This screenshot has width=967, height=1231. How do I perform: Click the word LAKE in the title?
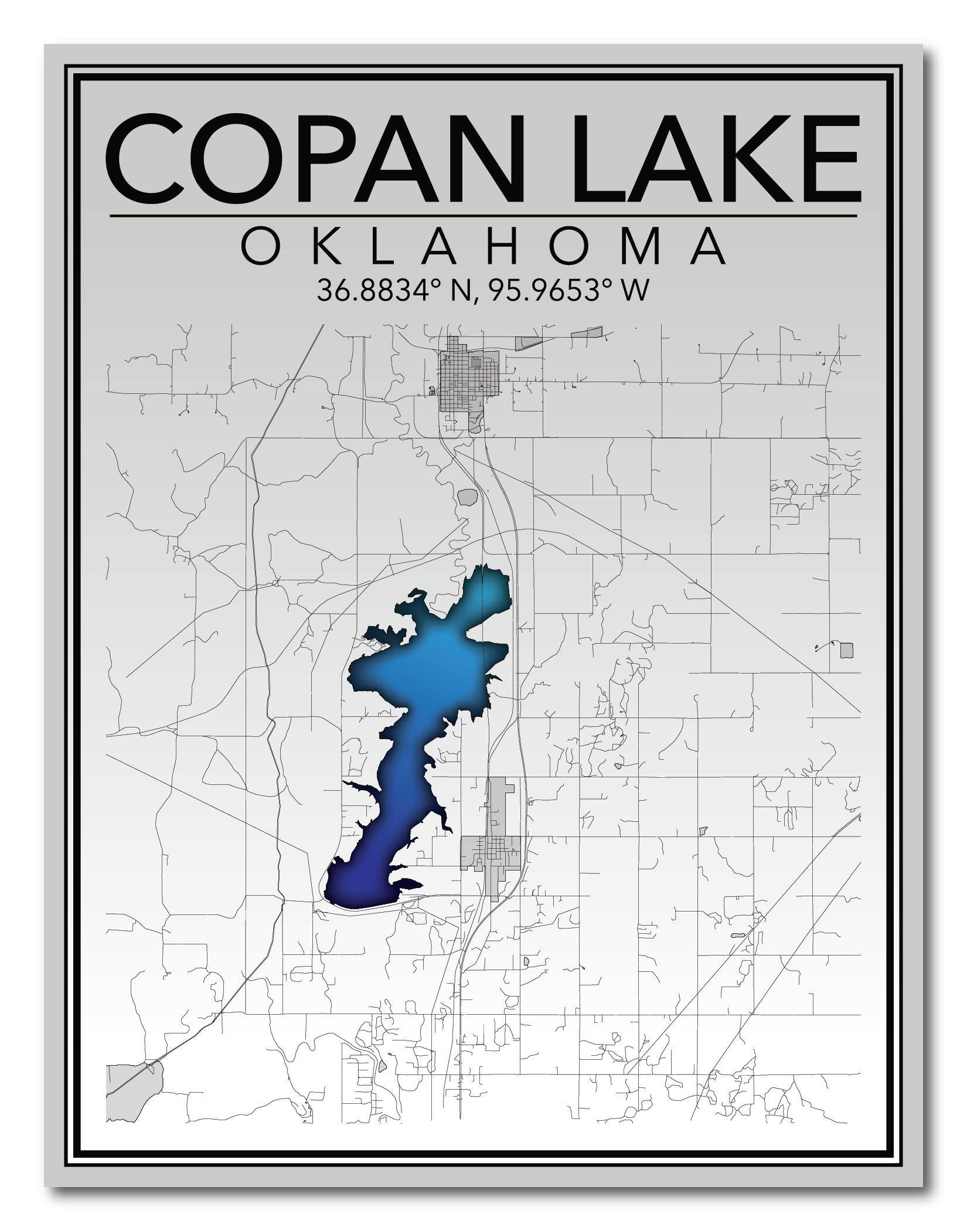click(x=714, y=159)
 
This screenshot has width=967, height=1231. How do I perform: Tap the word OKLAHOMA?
click(x=484, y=247)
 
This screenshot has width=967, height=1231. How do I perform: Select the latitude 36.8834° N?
click(x=394, y=290)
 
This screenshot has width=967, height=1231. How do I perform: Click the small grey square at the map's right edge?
click(x=846, y=650)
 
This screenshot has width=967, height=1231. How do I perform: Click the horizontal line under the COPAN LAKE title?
click(x=483, y=216)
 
